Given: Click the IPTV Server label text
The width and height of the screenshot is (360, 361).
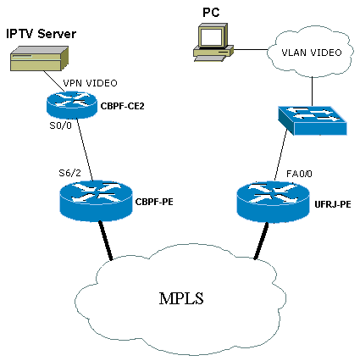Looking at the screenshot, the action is point(42,34).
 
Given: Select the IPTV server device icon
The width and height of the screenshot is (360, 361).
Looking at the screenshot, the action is point(39,58).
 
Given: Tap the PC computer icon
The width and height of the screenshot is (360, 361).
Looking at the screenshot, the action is point(213,42).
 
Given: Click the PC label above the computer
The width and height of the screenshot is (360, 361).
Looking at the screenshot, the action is point(211,13).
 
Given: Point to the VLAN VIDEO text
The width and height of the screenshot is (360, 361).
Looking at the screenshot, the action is point(312,53).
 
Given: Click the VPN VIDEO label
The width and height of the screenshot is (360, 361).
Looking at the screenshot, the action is point(90,83).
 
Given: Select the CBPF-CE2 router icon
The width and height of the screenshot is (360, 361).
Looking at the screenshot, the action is point(72,104).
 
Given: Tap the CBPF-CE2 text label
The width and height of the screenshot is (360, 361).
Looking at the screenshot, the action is point(123,106).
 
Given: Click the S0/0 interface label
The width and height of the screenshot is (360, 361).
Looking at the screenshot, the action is point(60,125).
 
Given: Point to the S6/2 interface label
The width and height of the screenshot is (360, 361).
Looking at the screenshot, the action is point(69,173).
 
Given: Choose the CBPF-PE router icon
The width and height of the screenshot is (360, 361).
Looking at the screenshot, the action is point(96,201).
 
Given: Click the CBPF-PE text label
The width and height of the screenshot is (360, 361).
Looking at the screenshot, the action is point(154,202).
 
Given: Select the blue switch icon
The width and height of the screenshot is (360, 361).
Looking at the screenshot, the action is point(313,120).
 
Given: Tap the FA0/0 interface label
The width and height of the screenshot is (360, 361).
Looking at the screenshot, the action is point(299,174).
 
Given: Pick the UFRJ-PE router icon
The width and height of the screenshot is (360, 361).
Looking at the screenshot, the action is point(273,202).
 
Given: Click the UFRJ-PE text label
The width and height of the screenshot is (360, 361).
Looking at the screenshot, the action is point(333,204).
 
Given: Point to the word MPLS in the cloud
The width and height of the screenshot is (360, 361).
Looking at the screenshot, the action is point(181,298).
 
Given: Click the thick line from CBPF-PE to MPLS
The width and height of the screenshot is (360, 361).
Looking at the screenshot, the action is point(105,241).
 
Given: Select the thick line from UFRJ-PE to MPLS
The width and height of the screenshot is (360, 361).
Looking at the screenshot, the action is point(261,241).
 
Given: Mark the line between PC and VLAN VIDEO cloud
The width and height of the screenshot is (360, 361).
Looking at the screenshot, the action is point(251,50).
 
